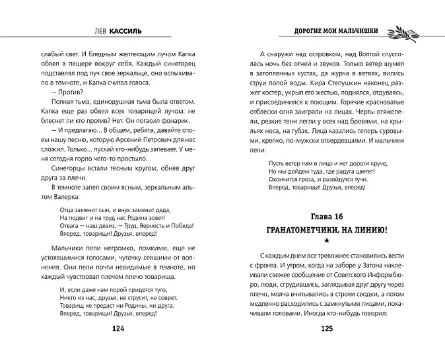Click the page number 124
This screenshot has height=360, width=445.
tap(118, 345)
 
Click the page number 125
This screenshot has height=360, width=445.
tap(326, 345)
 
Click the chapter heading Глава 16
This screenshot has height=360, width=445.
tap(326, 217)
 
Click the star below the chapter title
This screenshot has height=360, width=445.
tap(327, 243)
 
